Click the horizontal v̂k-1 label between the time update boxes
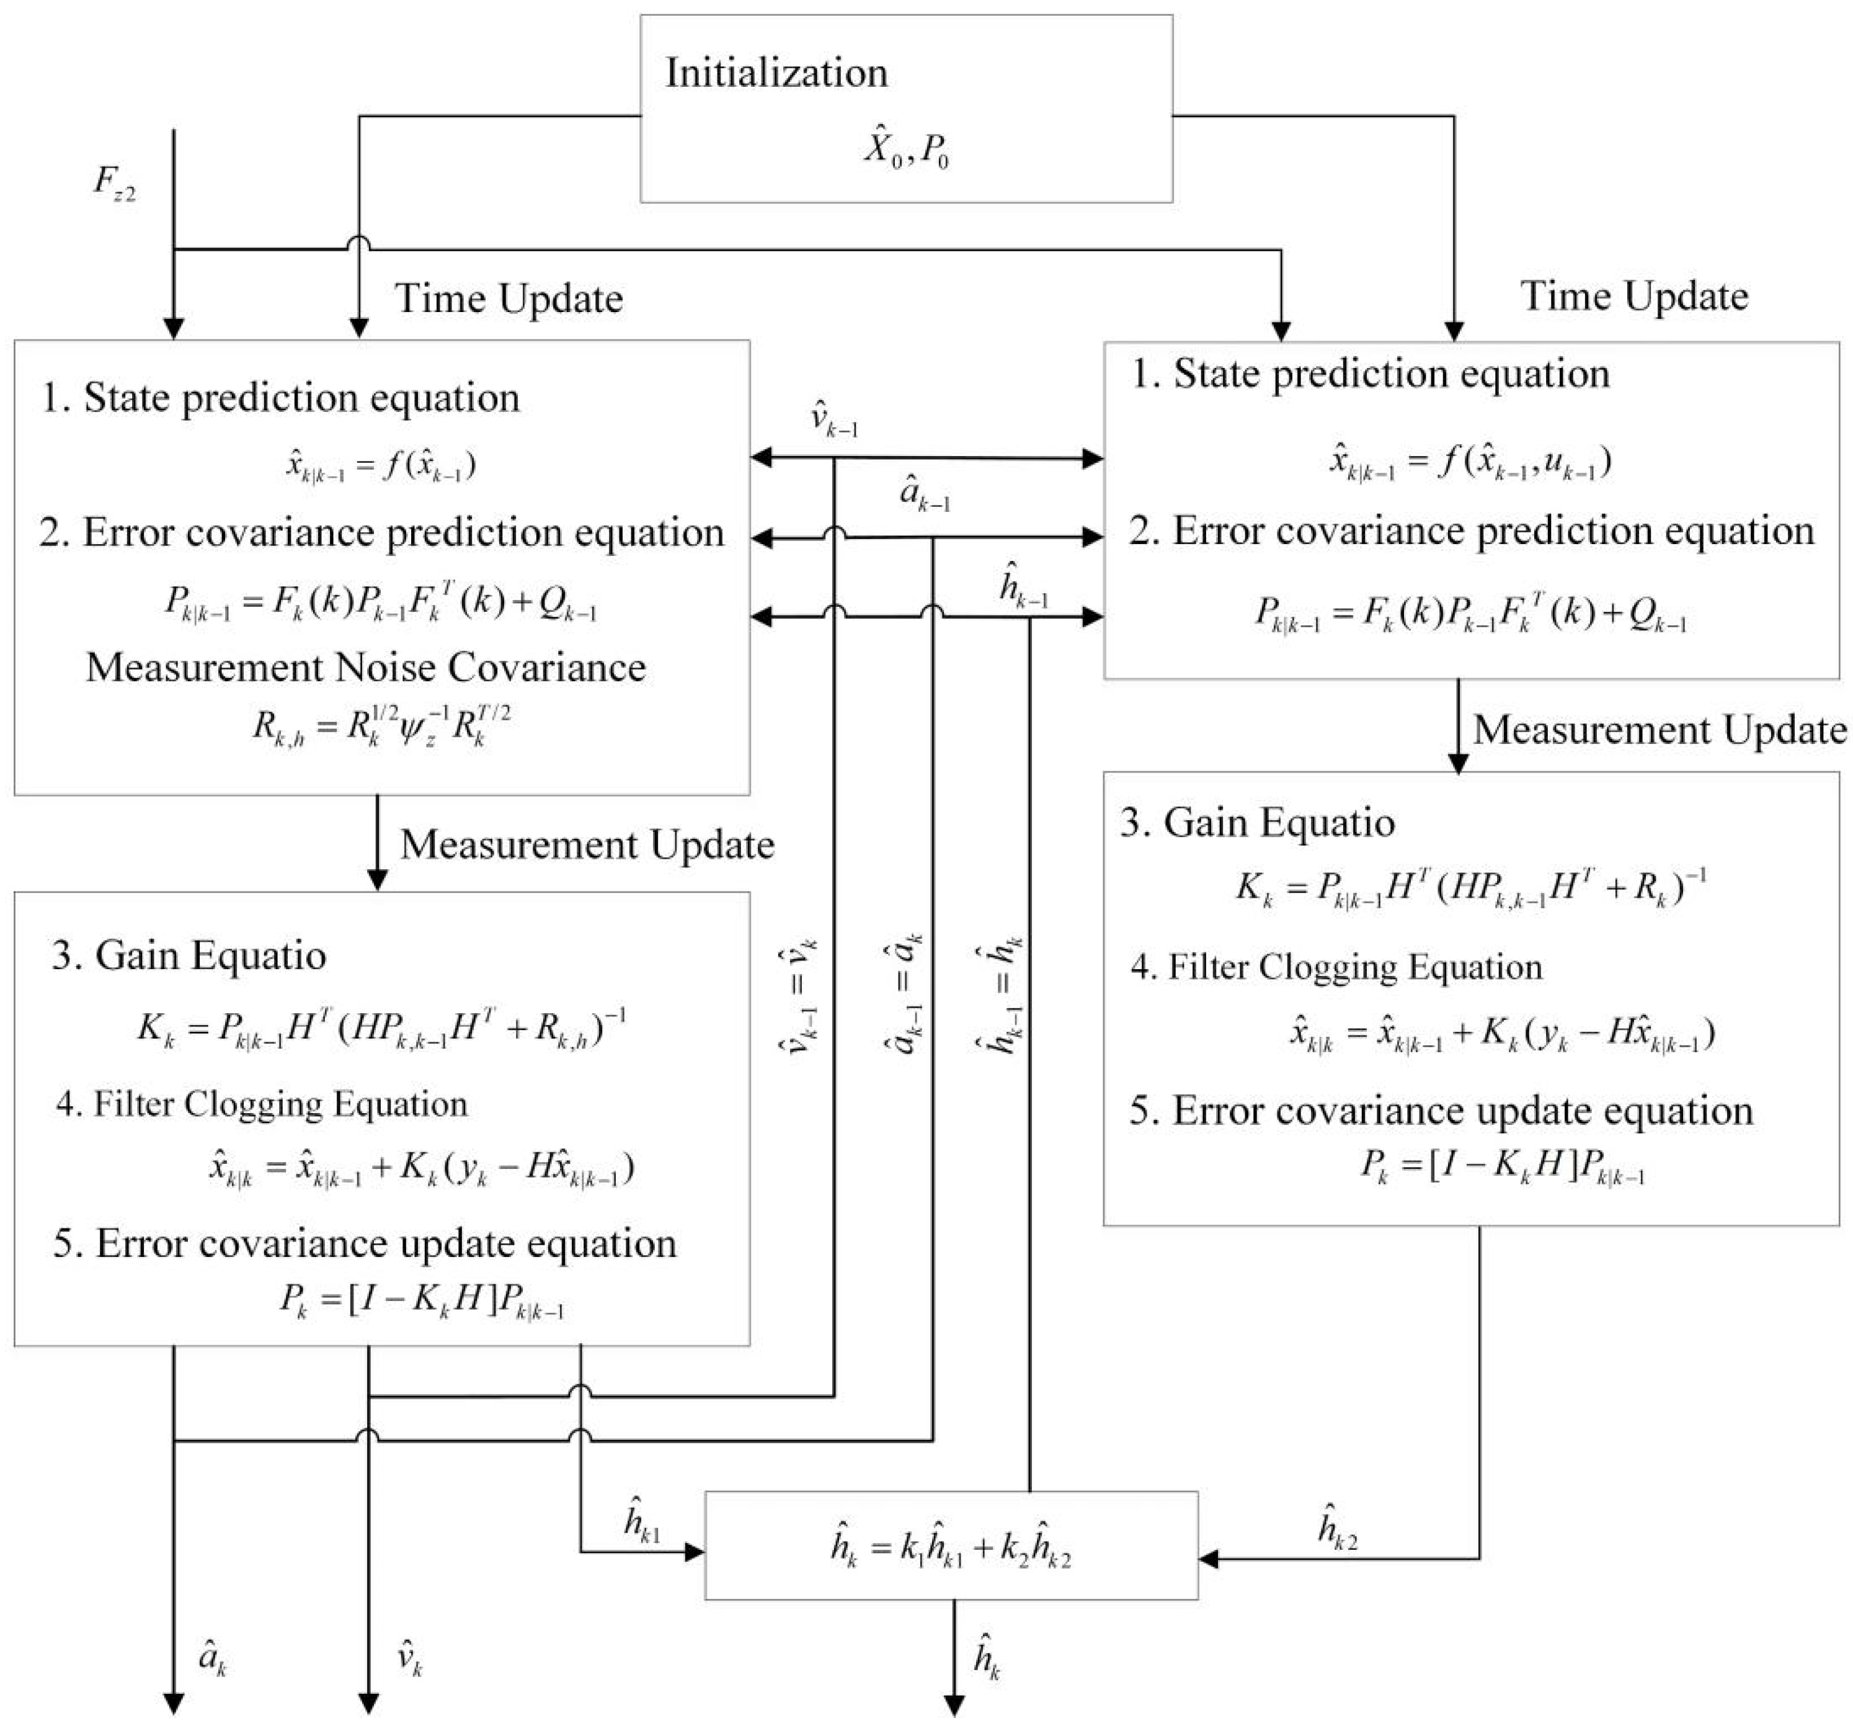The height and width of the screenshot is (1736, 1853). point(833,419)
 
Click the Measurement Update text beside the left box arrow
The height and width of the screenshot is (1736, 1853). point(587,844)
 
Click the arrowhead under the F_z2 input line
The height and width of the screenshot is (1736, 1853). point(174,328)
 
